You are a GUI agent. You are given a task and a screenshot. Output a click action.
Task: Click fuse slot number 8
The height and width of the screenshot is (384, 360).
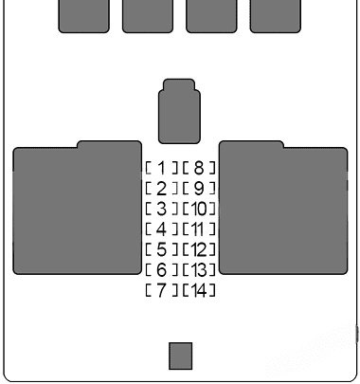coord(199,168)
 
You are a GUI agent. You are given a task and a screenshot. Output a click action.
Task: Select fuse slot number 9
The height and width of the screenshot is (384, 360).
coord(199,188)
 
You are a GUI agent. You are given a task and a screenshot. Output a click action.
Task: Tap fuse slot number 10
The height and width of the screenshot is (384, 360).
coord(199,208)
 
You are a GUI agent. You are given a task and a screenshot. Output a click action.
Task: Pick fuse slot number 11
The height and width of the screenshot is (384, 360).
coord(199,229)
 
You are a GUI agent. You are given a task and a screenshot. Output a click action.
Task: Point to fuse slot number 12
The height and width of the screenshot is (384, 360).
coord(199,249)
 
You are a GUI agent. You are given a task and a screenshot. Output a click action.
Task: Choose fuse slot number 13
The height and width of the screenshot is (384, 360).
coord(199,270)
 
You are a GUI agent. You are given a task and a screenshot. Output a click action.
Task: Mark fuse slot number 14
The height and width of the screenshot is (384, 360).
coord(199,290)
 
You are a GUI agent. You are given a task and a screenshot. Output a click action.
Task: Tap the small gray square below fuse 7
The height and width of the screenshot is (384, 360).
coord(180,356)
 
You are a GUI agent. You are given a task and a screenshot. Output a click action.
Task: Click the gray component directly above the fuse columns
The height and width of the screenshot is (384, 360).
coord(179,111)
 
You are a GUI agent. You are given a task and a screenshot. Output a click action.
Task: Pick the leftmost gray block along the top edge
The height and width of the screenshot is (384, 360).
coord(83,14)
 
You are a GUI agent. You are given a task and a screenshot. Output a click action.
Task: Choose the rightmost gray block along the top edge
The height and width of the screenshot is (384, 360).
coord(275,14)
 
